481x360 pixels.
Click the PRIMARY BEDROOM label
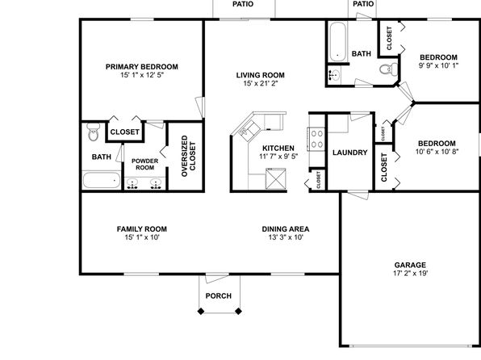pyautogui.click(x=142, y=67)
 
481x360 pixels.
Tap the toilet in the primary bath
pyautogui.click(x=94, y=132)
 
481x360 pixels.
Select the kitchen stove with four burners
pyautogui.click(x=316, y=139)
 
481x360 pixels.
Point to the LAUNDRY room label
pyautogui.click(x=350, y=153)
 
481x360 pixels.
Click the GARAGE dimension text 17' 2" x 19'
pyautogui.click(x=410, y=273)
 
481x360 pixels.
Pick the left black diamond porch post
pyautogui.click(x=201, y=312)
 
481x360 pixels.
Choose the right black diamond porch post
pyautogui.click(x=238, y=312)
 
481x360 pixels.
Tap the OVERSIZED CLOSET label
pyautogui.click(x=188, y=156)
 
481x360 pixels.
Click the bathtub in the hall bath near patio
pyautogui.click(x=337, y=41)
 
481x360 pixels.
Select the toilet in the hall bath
pyautogui.click(x=389, y=69)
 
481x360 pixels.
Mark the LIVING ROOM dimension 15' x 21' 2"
pyautogui.click(x=261, y=83)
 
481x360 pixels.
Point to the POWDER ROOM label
pyautogui.click(x=144, y=164)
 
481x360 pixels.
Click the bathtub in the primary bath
pyautogui.click(x=102, y=180)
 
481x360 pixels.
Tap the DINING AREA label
pyautogui.click(x=286, y=229)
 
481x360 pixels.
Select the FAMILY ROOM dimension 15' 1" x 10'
pyautogui.click(x=142, y=237)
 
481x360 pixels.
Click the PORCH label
pyautogui.click(x=219, y=296)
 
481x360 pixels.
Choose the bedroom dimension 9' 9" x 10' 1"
pyautogui.click(x=439, y=65)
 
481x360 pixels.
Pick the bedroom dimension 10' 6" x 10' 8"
pyautogui.click(x=437, y=152)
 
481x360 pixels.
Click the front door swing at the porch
pyautogui.click(x=216, y=278)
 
